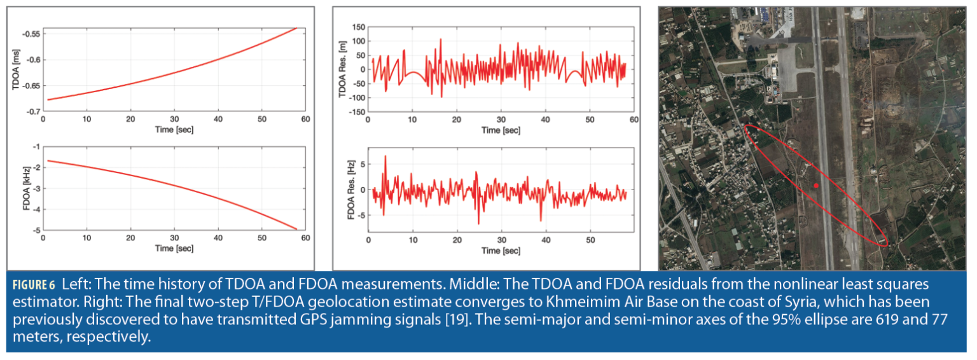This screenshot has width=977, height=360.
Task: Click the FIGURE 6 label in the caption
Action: [x=31, y=284]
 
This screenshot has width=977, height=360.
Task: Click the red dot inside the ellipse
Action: [x=816, y=186]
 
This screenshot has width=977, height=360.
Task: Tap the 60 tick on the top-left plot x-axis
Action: [x=305, y=119]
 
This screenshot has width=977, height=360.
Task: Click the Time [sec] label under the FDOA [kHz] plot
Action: [x=174, y=248]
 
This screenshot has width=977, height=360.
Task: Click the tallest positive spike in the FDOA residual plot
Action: [x=385, y=156]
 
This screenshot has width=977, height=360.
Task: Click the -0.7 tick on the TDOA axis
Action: [x=33, y=112]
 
